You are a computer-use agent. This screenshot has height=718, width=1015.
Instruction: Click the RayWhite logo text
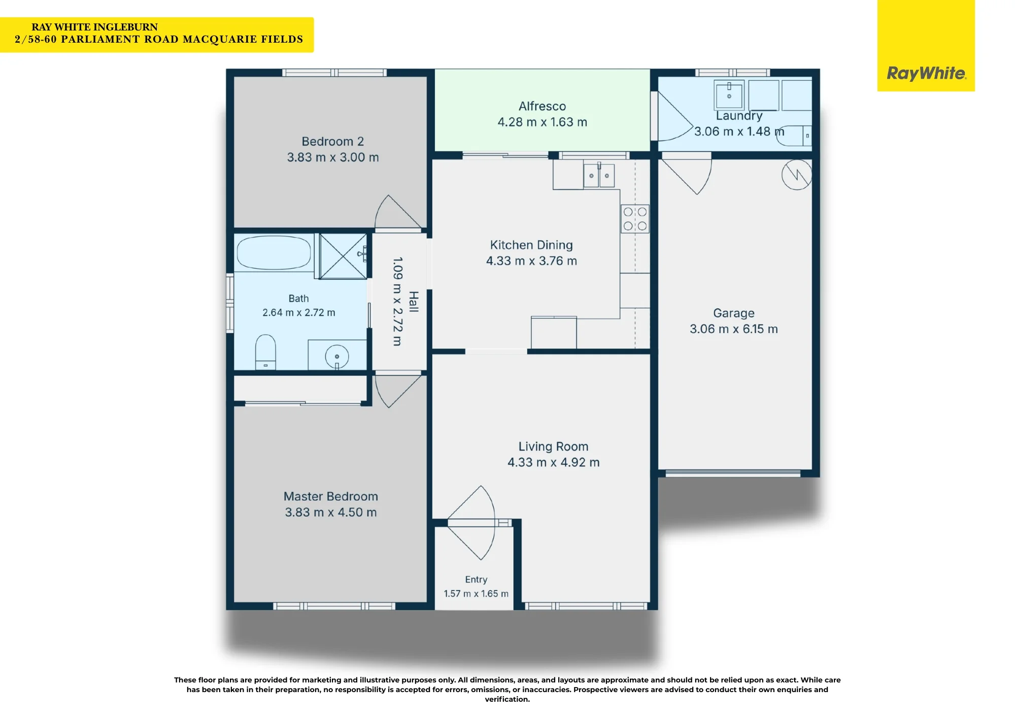point(926,73)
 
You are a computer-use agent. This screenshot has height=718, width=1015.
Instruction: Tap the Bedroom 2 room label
point(333,141)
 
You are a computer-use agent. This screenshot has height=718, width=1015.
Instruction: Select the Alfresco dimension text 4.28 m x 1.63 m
point(542,122)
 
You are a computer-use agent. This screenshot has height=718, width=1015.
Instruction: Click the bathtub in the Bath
point(274,252)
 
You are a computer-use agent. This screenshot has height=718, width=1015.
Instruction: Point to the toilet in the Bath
point(265,352)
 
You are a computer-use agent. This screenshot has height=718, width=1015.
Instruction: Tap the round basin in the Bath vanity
point(336,356)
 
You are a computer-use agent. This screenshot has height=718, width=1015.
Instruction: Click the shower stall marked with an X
point(343,256)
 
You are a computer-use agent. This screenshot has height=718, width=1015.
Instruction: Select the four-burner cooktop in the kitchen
point(635,219)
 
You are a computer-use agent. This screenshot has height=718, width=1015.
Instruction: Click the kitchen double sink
point(599,176)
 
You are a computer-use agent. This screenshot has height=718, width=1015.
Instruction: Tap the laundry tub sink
point(729,94)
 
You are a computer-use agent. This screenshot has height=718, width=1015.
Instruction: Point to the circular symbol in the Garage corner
point(797,175)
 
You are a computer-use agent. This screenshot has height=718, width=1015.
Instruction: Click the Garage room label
point(734,313)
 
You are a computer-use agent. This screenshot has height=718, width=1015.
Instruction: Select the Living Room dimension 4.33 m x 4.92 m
point(554,462)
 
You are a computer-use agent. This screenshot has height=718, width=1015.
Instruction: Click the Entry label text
point(476,579)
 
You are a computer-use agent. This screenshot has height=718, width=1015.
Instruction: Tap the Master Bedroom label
point(331,496)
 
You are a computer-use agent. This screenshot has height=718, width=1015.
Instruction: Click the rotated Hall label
point(414,302)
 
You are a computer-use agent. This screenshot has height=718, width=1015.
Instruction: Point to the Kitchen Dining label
point(531,245)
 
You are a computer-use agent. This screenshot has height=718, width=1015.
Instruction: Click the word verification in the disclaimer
point(507,699)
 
